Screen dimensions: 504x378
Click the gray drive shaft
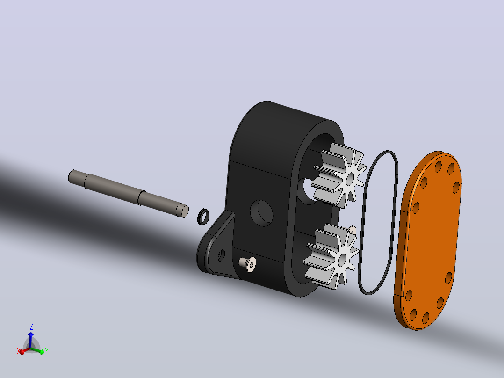[x=129, y=193]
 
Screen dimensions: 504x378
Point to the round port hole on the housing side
[x=262, y=213]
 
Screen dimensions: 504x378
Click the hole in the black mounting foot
[x=221, y=255]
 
